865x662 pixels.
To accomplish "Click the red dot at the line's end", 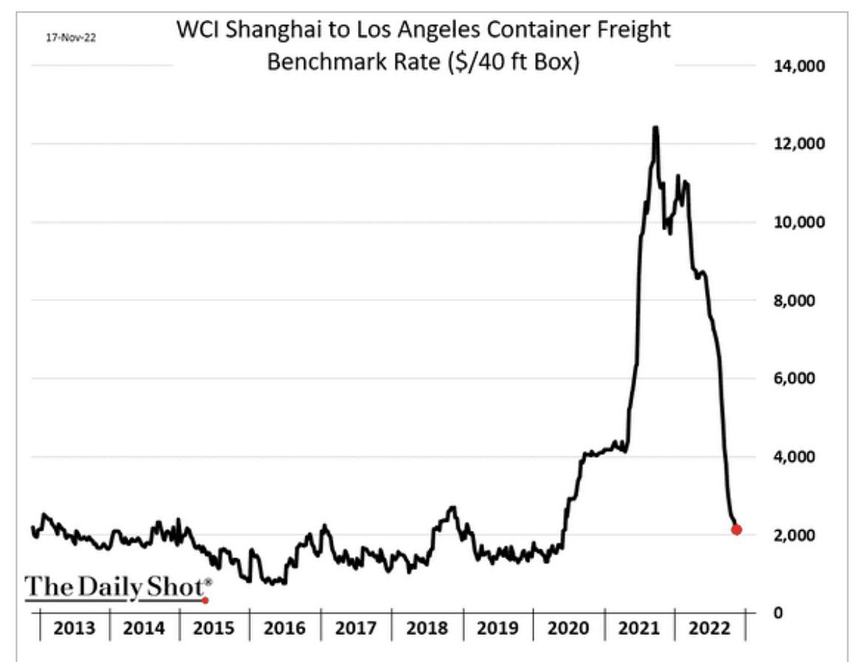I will pos(736,530).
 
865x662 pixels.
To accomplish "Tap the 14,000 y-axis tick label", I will pos(798,67).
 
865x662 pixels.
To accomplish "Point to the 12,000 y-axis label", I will pos(798,144).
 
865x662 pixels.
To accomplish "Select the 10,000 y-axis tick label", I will pos(798,223).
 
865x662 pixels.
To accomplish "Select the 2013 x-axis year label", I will pos(75,629).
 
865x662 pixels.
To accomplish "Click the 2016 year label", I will pos(285,629).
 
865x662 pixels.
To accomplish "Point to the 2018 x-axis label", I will pos(427,629).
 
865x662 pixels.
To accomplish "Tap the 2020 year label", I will pos(569,629).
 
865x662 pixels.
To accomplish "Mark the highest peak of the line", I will pos(655,128).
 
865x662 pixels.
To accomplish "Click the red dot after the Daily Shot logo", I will pos(206,601).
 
